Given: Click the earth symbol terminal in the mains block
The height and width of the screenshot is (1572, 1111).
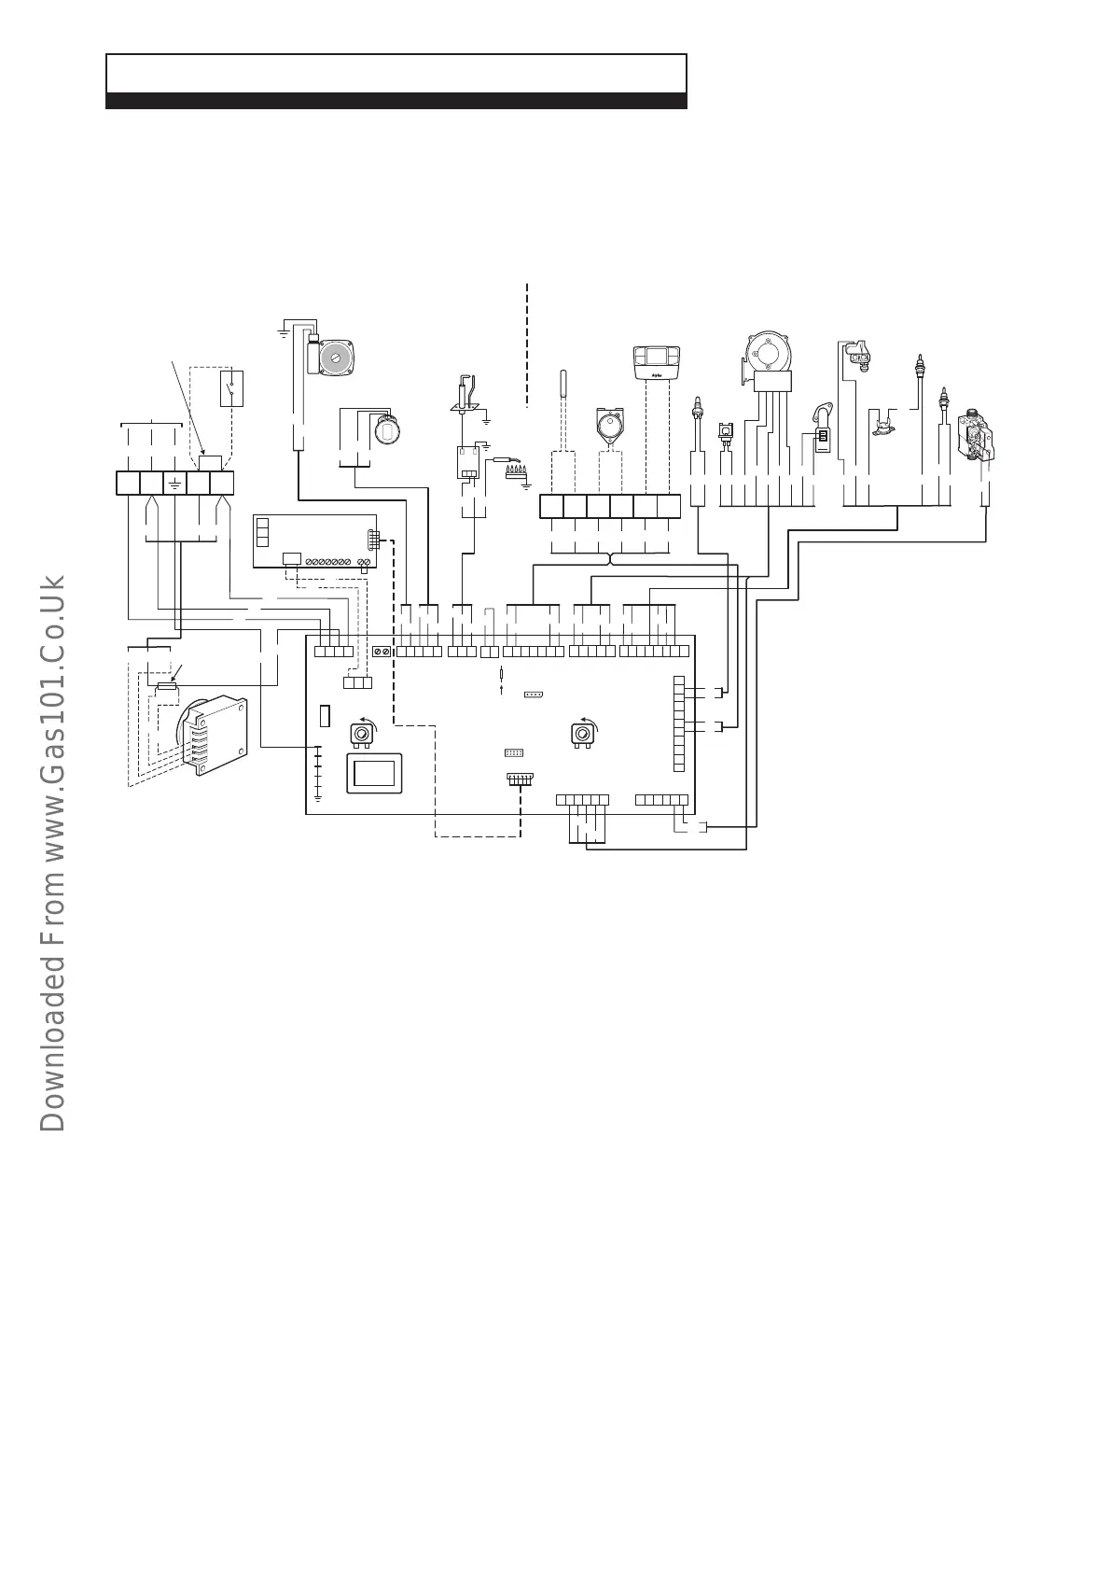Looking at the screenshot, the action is tap(174, 483).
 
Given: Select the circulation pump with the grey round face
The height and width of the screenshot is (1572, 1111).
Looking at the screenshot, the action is tap(335, 358).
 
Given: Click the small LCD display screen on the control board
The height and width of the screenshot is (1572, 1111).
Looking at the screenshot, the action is tap(375, 773).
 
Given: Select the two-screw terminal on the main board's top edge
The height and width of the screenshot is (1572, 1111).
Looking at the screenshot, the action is tap(382, 652).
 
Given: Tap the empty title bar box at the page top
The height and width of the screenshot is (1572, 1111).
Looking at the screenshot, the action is tap(396, 74).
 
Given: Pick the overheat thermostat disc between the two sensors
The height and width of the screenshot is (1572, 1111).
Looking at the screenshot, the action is tap(882, 428).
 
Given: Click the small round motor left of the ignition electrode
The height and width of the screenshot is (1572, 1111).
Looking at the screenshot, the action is tap(385, 429).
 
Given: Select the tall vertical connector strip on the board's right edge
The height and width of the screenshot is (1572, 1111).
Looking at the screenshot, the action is tap(678, 724).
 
